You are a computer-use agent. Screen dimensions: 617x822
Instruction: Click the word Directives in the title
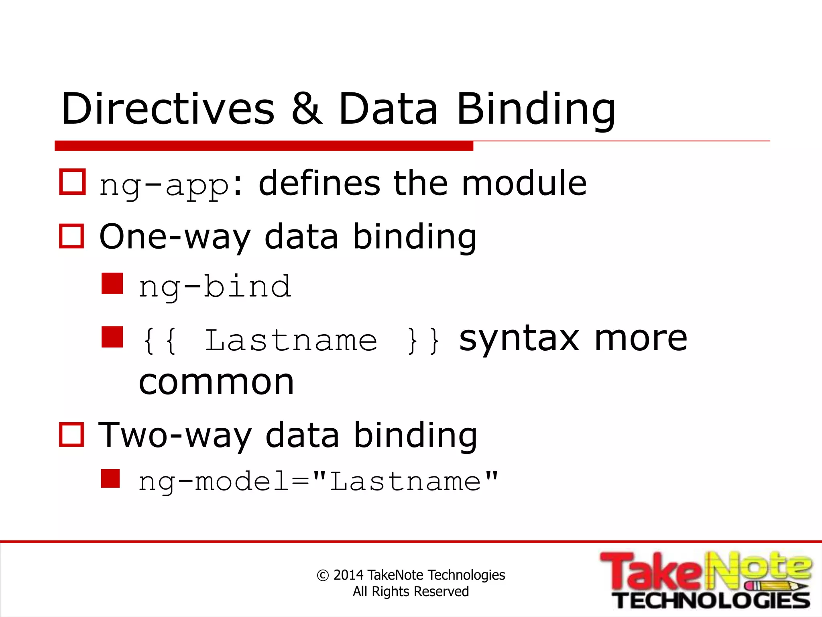point(168,109)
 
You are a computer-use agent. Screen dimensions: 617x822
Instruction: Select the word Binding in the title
point(536,109)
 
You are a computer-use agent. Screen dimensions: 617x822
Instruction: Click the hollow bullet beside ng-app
point(72,182)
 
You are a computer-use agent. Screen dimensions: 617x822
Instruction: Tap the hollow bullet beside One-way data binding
point(71,236)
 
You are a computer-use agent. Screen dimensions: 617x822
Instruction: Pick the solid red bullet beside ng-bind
point(112,284)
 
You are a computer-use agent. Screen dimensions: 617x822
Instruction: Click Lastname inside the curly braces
point(291,341)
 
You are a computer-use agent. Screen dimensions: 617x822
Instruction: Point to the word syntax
point(519,339)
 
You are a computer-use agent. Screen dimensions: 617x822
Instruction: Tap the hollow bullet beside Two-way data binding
point(71,435)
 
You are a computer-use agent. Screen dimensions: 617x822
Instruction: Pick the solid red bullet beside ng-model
point(110,478)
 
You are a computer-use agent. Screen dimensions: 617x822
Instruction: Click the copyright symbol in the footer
point(323,575)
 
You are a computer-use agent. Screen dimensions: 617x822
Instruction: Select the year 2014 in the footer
point(348,575)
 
